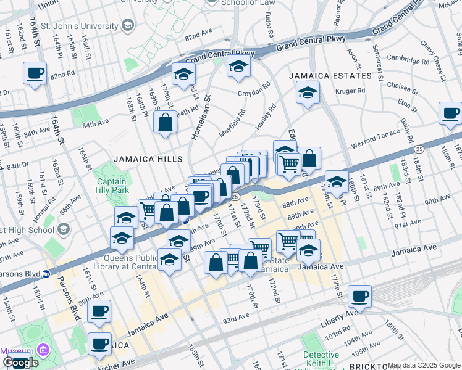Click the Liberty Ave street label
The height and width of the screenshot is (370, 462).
point(339,314)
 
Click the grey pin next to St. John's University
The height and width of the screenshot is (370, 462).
point(128,26)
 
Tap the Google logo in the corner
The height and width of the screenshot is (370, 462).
point(20,363)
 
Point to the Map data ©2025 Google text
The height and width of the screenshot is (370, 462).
point(424,366)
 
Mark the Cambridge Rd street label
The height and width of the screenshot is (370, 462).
point(408,60)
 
